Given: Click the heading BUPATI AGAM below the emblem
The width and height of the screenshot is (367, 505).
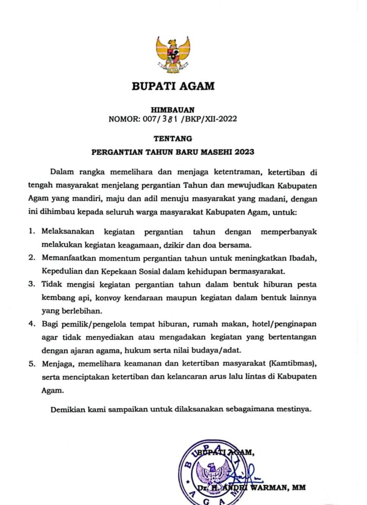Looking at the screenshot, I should pos(173,86).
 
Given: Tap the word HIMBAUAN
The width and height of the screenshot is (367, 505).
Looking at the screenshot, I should pos(173,110).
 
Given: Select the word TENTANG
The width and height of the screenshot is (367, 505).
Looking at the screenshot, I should pos(173,139).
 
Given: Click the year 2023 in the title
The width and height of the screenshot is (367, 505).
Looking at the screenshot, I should pos(244,152).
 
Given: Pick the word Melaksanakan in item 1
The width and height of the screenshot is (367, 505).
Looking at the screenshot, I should pos(68,231).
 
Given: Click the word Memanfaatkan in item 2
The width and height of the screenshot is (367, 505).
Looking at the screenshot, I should pos(68,258).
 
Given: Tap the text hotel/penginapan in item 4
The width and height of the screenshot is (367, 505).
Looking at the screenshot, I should pos(290,324).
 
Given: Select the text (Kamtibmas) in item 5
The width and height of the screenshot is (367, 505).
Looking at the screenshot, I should pos(293,364).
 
